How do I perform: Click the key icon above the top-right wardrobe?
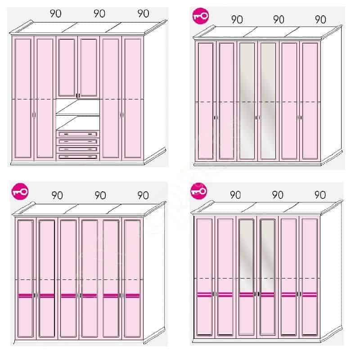coord(201,16)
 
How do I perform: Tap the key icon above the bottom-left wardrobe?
coord(20,192)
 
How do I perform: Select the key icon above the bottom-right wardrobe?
coord(198,191)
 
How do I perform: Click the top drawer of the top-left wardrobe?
coord(78,134)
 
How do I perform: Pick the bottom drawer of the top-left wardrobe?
coord(78,157)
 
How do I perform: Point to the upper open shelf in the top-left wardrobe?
coord(78,107)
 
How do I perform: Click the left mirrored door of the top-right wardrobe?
coord(247,100)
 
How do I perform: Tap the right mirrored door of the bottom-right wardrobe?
coord(268,277)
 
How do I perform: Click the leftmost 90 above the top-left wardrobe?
coord(55,14)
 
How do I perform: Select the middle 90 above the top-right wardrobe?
coord(279,19)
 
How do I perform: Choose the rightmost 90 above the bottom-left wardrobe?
coord(143,195)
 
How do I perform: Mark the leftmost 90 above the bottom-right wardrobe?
coord(235,195)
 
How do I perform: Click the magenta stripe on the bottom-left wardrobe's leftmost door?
coord(25,296)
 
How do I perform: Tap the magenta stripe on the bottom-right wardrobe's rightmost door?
coord(310,295)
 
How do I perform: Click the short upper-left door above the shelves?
coord(67,67)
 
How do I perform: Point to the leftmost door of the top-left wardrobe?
coord(23,98)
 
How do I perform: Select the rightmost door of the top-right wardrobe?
coord(310,100)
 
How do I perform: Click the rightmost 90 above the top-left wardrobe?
coord(143,14)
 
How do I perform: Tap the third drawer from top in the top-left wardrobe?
coord(78,149)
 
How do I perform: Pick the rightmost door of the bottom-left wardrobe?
coord(132,278)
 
